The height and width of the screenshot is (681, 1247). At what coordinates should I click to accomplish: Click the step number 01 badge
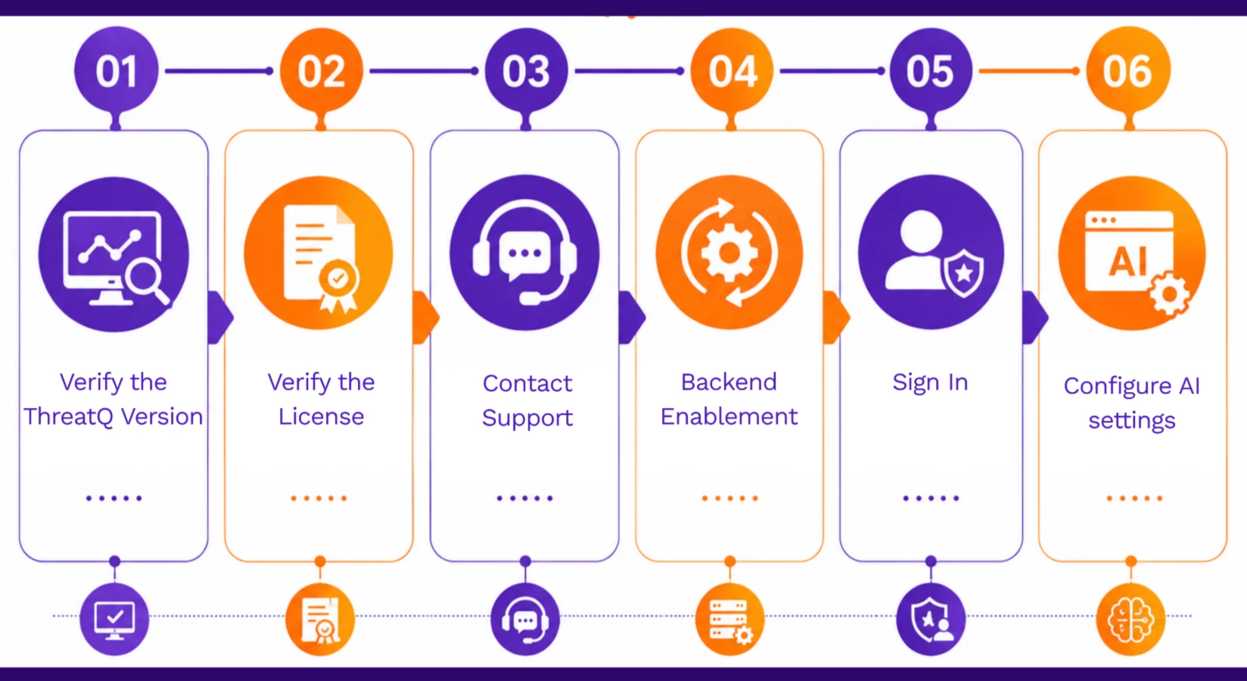coord(116,70)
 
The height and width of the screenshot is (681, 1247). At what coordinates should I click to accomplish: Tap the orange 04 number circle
coord(732,70)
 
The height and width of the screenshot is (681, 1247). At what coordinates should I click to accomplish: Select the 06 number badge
coord(1128,70)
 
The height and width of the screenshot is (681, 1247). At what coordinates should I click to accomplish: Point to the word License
coord(321,416)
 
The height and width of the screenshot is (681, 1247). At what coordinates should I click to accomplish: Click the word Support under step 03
coord(527,418)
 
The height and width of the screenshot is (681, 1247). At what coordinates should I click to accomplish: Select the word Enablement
coord(729,416)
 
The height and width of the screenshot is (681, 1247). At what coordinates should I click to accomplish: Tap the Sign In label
coord(930,383)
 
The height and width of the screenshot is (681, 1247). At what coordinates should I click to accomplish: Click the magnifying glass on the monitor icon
coord(146,281)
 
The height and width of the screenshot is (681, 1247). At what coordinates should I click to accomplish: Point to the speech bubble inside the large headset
coord(524,256)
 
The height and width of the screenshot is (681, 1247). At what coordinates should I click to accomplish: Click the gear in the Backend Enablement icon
coord(729,253)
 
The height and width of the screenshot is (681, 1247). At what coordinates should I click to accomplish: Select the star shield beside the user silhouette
coord(963,272)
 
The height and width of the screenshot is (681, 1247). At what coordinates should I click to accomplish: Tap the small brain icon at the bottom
coord(1130,619)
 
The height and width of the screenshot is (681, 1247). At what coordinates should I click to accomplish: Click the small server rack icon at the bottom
coord(730,619)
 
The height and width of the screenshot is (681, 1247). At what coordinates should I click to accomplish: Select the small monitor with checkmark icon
coord(114,619)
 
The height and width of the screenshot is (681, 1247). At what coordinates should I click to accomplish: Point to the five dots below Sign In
coord(931,498)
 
